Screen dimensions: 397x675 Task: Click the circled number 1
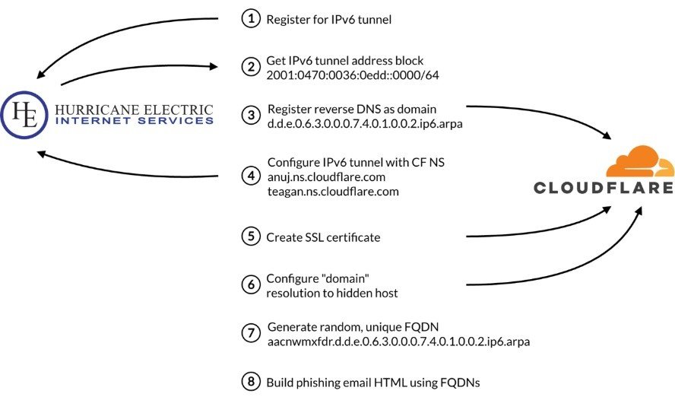point(250,19)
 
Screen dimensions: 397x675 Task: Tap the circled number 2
point(250,66)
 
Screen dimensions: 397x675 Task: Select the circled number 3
point(250,115)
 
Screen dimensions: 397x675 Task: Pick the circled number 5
point(250,237)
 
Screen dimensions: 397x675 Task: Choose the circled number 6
point(250,284)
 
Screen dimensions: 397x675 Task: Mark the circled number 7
point(250,333)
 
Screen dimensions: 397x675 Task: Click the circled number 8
point(250,380)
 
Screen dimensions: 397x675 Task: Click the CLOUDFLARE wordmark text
point(614,187)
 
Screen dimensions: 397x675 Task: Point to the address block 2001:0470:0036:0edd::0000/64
point(352,75)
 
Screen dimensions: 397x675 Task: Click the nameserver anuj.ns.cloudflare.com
point(327,176)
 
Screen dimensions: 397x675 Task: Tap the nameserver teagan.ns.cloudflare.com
point(333,191)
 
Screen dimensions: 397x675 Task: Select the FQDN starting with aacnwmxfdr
point(398,341)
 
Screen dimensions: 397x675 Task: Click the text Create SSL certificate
point(323,237)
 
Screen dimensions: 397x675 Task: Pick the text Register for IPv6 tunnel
point(328,20)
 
